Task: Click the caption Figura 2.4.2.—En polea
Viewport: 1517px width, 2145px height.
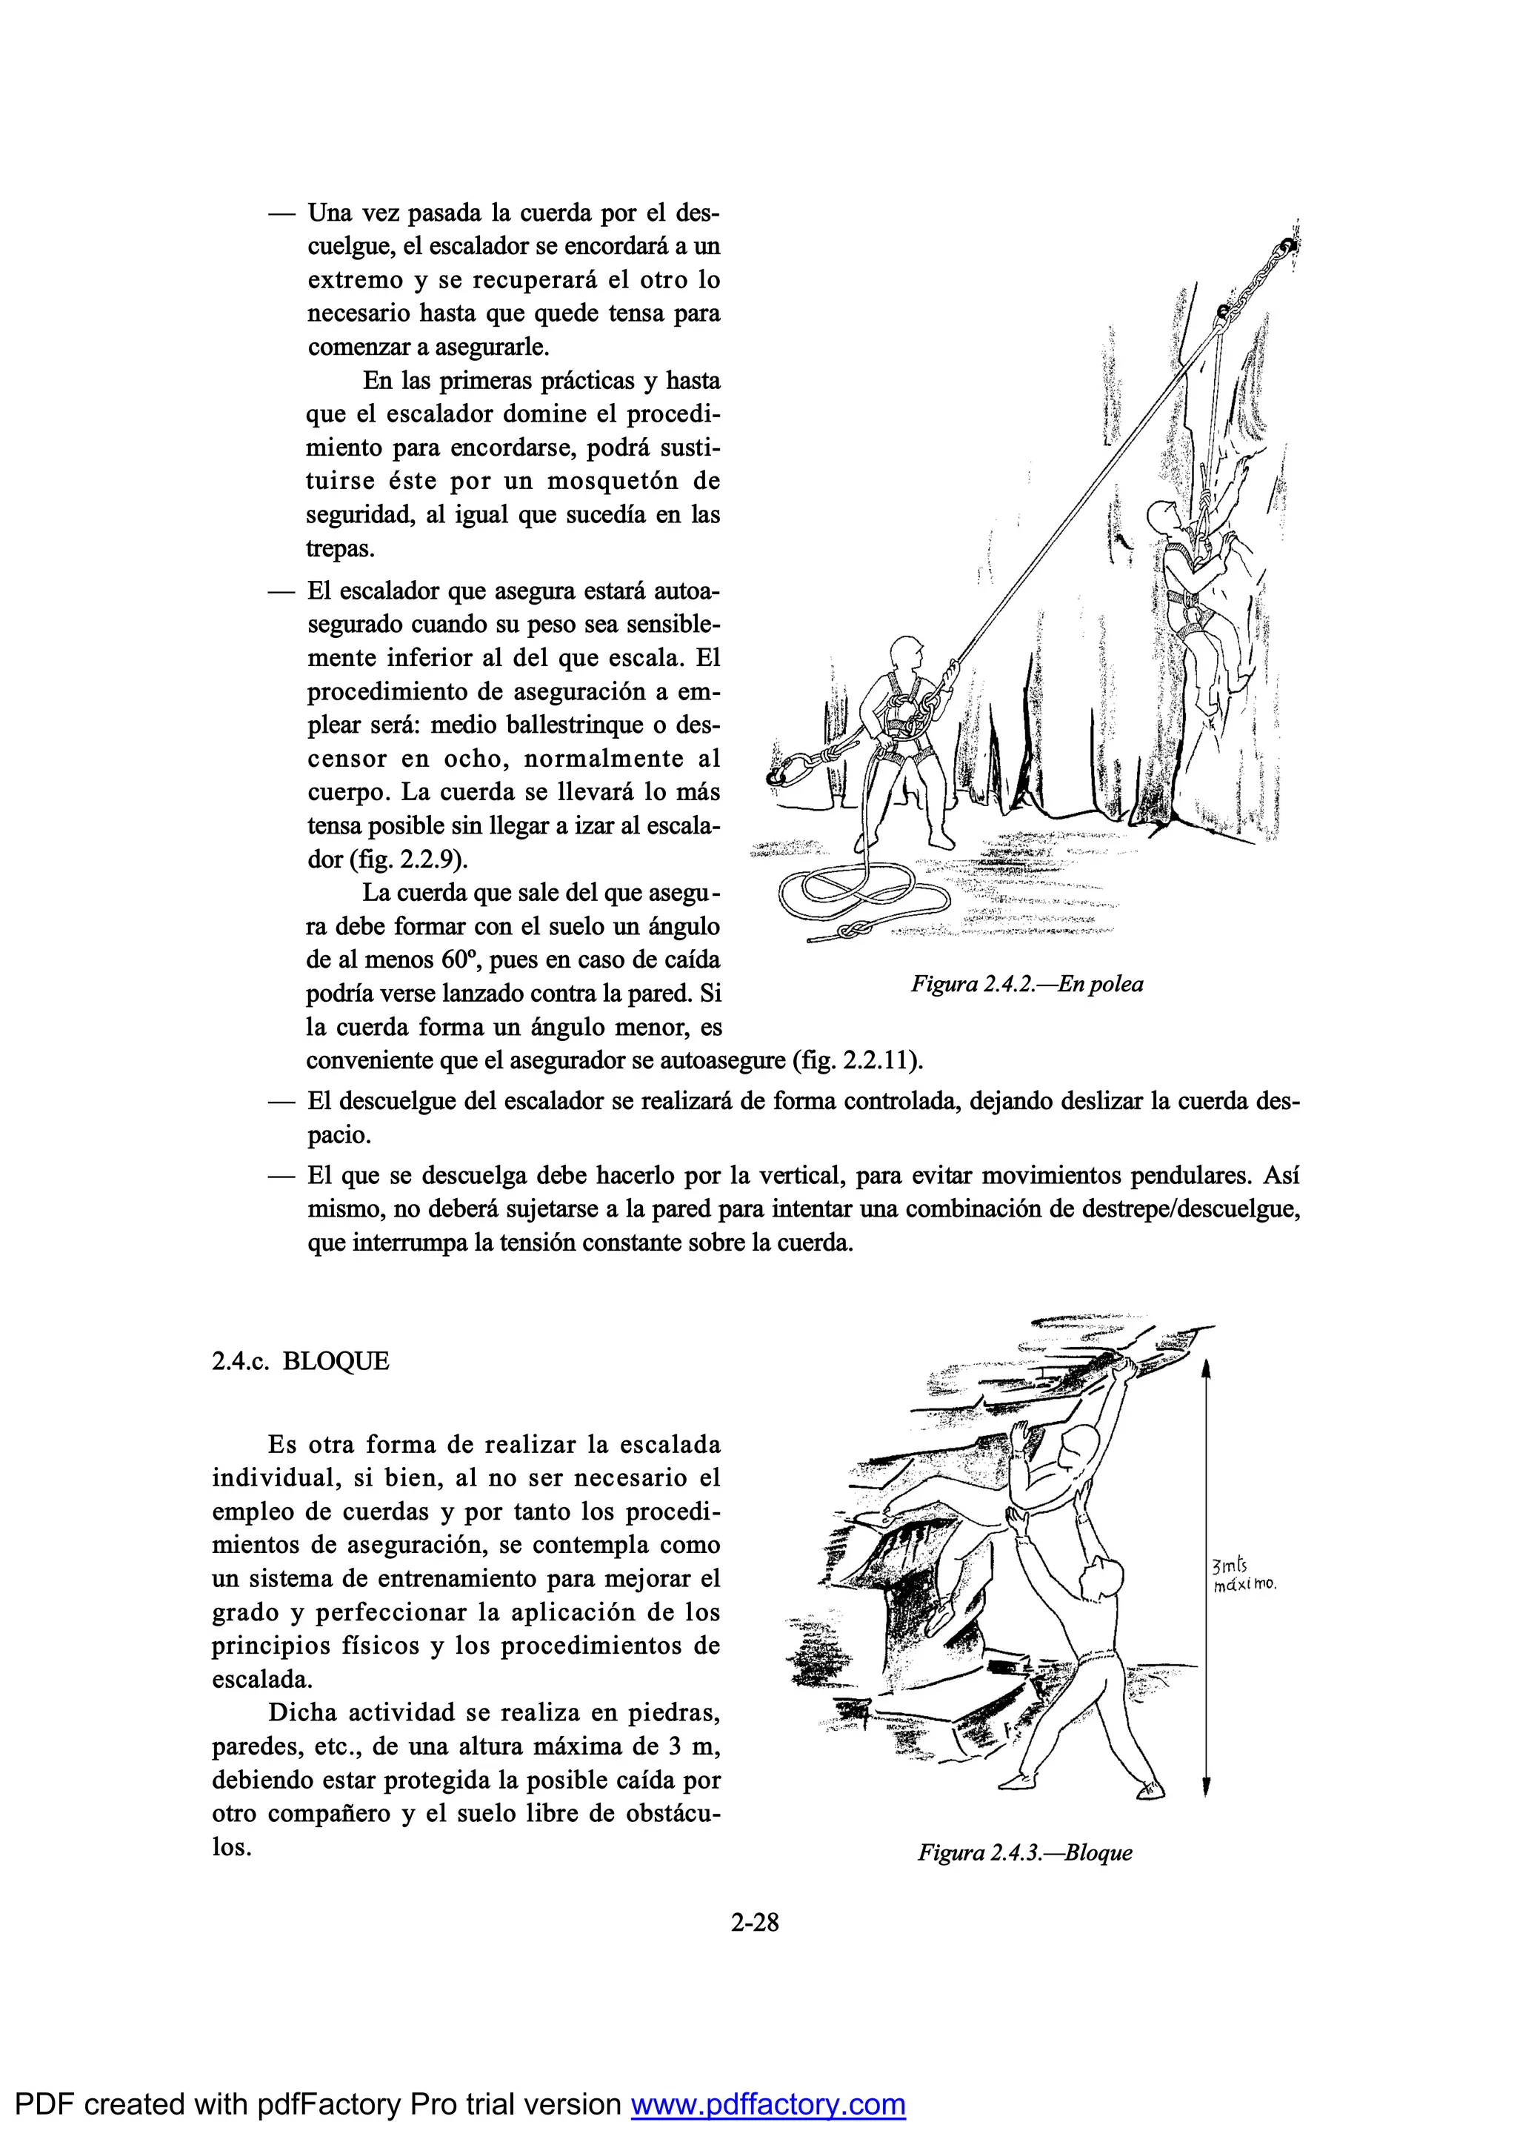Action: pos(1027,984)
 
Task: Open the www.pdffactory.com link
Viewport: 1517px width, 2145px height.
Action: pos(768,2104)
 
